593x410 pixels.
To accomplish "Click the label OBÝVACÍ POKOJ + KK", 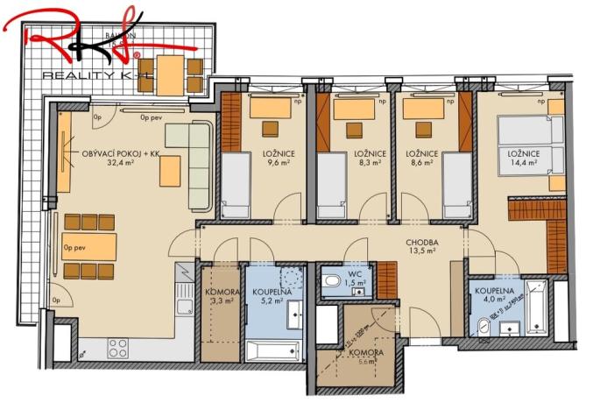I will [121, 153].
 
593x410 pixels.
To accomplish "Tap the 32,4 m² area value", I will [121, 163].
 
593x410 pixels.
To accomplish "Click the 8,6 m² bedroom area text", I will [420, 163].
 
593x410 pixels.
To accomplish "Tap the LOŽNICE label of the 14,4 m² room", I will [521, 154].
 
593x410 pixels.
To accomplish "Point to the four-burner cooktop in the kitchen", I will [118, 347].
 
